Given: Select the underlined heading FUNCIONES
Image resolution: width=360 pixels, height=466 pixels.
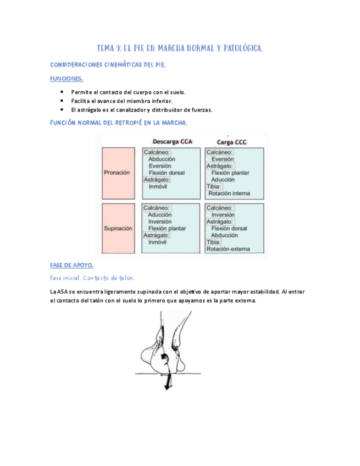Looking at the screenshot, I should click(x=66, y=79).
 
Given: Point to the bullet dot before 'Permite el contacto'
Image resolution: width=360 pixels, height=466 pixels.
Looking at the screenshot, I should click(x=62, y=92).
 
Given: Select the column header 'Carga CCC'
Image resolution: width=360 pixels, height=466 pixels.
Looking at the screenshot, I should click(x=231, y=142).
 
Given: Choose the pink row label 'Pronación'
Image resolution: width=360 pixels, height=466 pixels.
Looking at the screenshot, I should click(x=117, y=173).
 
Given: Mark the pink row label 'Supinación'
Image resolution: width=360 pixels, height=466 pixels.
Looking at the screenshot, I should click(x=118, y=229).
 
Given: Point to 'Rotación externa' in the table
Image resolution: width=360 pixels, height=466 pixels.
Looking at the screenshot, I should click(x=228, y=249).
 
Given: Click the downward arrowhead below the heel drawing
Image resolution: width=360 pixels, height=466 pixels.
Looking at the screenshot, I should click(x=167, y=387).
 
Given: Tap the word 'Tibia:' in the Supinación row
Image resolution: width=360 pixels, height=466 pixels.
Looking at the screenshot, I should click(x=214, y=242).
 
